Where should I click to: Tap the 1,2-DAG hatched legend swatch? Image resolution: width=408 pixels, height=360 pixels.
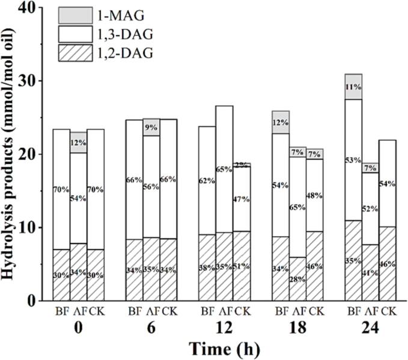click(x=76, y=54)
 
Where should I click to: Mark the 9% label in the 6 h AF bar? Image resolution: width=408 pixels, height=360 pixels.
click(x=151, y=127)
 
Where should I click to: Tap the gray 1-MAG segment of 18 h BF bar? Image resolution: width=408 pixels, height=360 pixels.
click(x=281, y=122)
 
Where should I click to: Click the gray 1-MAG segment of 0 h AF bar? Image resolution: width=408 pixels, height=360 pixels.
click(x=79, y=142)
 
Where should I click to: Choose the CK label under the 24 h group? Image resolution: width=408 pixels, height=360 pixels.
click(x=387, y=311)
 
